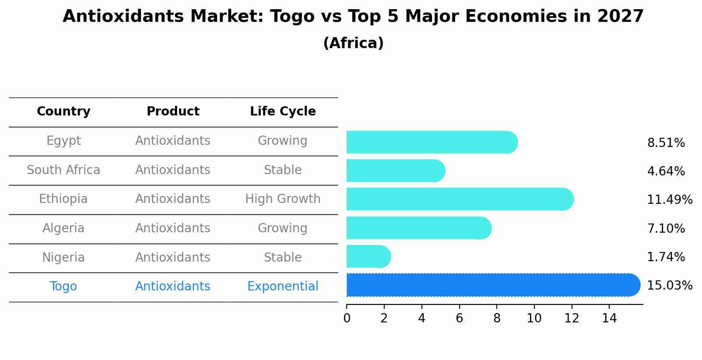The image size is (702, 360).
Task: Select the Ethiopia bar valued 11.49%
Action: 460,199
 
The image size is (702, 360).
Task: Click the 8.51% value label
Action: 666,143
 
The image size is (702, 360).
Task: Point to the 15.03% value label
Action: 669,286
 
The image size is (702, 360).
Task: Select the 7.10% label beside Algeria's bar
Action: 666,228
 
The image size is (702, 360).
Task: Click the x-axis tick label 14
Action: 609,318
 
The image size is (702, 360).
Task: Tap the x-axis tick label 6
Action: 459,318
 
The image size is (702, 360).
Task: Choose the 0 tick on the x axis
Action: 347,318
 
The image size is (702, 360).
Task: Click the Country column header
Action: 63,112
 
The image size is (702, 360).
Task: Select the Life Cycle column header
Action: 283,112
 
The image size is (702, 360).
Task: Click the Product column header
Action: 173,112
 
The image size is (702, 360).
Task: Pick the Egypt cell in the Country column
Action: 63,141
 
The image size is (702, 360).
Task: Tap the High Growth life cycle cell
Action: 283,199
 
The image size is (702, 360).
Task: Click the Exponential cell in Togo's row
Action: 283,287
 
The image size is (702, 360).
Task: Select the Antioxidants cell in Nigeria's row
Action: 173,257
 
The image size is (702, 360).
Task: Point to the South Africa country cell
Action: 63,170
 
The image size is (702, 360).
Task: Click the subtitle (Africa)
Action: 353,43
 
